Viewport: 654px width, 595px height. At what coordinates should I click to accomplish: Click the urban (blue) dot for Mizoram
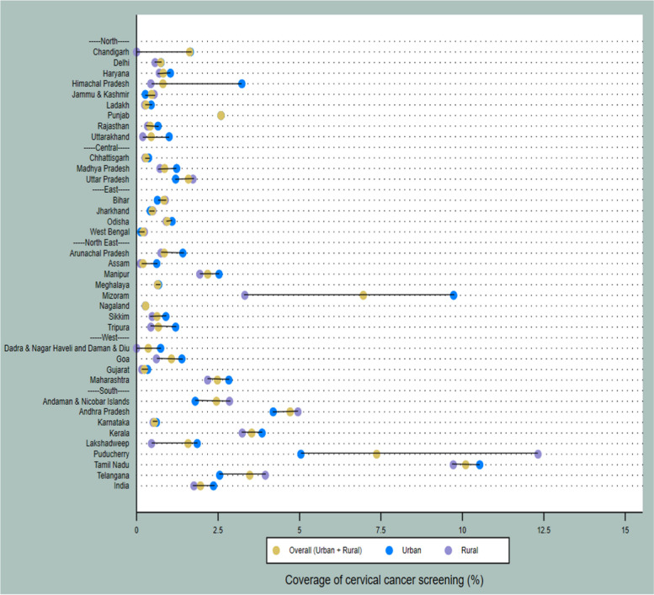tap(454, 295)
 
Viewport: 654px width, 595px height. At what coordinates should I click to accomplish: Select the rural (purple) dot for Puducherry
tap(538, 454)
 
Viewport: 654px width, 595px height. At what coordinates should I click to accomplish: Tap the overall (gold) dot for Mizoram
tap(363, 295)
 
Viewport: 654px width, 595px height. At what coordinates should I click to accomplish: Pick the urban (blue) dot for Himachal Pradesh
tap(242, 83)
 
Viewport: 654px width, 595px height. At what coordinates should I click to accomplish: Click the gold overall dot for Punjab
tap(221, 115)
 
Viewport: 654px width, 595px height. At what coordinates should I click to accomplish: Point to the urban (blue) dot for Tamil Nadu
tap(480, 465)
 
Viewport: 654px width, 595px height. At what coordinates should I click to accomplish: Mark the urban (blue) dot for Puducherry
tap(300, 454)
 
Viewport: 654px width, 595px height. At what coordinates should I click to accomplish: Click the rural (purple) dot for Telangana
tap(265, 475)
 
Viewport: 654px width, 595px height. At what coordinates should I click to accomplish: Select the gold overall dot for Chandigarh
tap(190, 52)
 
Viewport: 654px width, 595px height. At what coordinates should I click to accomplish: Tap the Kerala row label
tap(116, 433)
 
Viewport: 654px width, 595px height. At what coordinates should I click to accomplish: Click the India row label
tap(120, 486)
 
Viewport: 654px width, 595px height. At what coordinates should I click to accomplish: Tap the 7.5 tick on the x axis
tap(380, 531)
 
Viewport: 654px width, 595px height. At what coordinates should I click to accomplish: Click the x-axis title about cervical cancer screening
tap(384, 581)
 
